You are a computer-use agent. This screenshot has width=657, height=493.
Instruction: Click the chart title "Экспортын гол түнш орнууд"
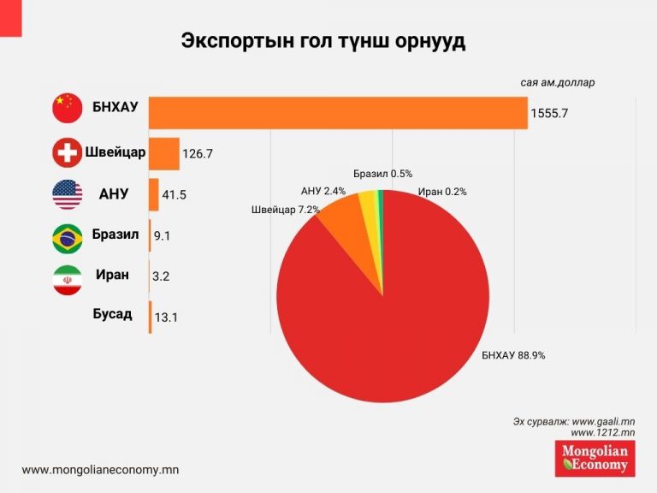coord(323,42)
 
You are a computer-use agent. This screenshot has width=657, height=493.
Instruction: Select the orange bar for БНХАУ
coord(338,112)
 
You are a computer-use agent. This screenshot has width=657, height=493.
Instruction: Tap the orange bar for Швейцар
coord(164,153)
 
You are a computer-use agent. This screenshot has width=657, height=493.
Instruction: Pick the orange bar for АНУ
coord(154,194)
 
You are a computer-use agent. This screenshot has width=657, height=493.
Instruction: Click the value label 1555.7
coord(549,113)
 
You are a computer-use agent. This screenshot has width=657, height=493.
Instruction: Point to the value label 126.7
coord(198,154)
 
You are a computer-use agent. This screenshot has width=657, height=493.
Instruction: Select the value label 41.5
coord(174,195)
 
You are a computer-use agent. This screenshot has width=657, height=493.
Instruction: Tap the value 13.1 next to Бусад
coord(167,318)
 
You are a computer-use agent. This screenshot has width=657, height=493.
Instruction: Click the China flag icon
coord(68,109)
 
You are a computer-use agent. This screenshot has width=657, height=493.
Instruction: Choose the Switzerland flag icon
coord(68,153)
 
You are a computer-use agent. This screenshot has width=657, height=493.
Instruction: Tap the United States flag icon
coord(68,194)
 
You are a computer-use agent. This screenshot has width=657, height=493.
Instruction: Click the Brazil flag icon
coord(68,236)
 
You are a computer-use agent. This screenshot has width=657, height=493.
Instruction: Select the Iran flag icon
coord(68,279)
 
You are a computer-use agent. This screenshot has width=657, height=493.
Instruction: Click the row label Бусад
coord(112,314)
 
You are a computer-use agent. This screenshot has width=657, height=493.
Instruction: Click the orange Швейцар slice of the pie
coord(340,224)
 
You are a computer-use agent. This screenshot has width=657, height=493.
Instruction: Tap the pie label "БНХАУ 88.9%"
coord(513,355)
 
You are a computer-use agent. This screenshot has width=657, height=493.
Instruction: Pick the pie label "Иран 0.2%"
coord(442,192)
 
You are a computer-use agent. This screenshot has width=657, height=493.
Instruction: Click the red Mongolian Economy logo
coord(595,458)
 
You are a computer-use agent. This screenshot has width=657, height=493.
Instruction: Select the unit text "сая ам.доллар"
coord(557,83)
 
